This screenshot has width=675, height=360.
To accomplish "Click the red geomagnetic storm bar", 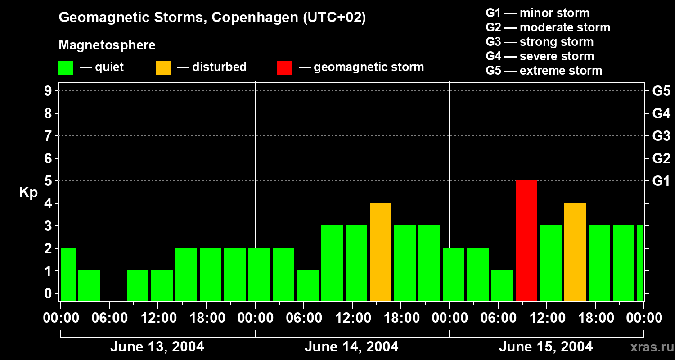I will (526, 240).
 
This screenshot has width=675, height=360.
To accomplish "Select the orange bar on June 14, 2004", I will (381, 252).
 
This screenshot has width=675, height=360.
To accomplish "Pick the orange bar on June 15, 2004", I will (575, 252).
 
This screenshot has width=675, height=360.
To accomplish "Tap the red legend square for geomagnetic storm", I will (284, 68).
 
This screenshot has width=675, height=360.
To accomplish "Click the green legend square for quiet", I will (66, 68).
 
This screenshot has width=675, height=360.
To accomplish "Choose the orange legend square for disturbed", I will (163, 68).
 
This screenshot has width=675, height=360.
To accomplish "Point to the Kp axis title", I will (28, 193).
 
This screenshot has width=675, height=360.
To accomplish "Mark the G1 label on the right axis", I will (661, 181).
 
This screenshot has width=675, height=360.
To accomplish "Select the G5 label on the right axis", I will (661, 91).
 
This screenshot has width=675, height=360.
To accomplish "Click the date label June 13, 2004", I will (157, 347).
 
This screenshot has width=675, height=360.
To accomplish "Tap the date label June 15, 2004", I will (546, 347).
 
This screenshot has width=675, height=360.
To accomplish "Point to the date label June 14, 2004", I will (351, 347).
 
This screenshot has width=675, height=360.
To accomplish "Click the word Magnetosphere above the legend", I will (107, 45).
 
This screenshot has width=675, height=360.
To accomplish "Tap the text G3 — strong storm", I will (540, 42).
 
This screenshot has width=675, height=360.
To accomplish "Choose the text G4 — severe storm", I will (540, 56).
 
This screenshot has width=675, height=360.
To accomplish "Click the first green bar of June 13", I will (68, 274).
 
